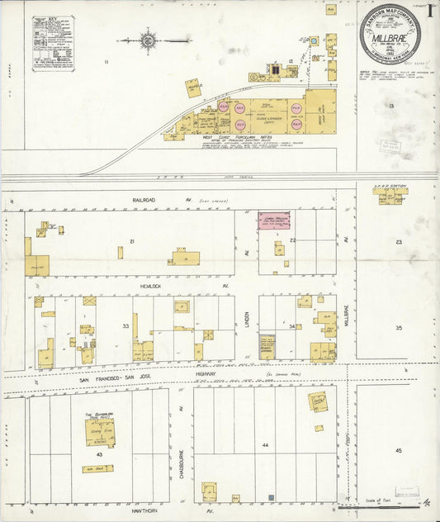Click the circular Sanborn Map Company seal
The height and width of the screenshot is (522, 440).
[390, 35]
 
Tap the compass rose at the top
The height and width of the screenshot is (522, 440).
[149, 39]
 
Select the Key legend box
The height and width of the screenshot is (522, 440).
[53, 43]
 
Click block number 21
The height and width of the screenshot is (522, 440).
[130, 241]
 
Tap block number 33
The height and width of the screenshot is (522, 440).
[125, 327]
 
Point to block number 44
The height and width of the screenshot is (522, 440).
[265, 445]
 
